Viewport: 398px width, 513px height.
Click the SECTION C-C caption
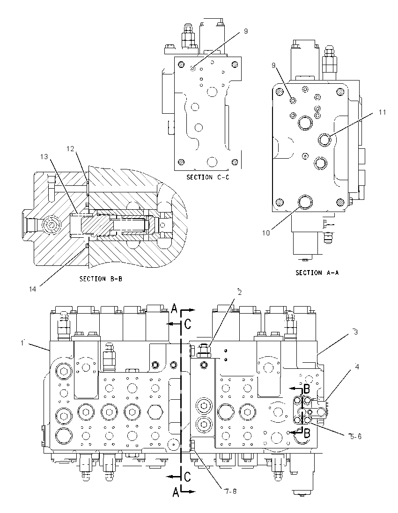click(208, 177)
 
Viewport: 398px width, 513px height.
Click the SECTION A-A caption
click(317, 272)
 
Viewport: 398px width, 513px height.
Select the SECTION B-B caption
click(101, 279)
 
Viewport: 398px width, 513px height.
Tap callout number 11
click(382, 112)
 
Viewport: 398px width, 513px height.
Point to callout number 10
click(266, 233)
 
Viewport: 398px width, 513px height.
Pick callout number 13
click(44, 157)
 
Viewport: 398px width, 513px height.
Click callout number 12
click(70, 148)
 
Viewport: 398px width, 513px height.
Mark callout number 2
click(240, 292)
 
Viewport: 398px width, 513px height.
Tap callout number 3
click(355, 332)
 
